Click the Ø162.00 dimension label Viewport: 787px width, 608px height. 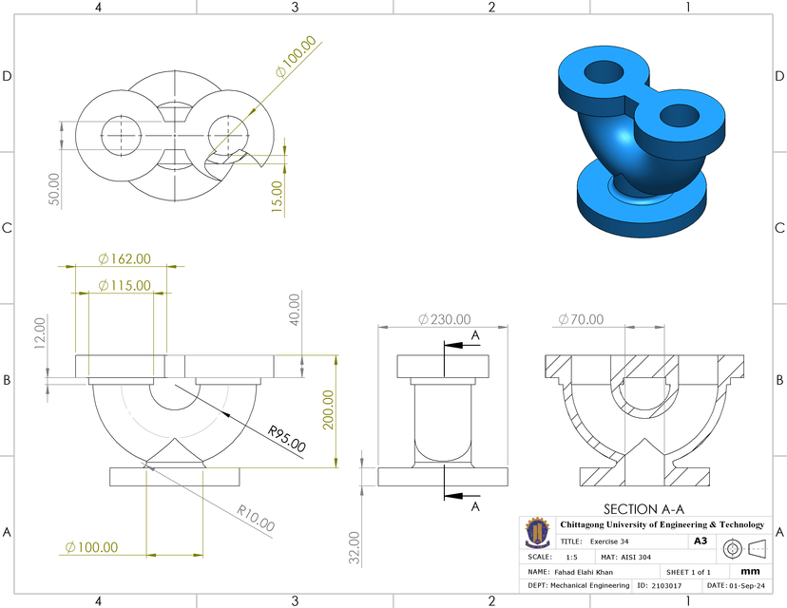tap(124, 258)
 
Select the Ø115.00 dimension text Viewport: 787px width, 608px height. tap(124, 285)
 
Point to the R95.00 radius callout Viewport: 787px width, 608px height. tap(286, 439)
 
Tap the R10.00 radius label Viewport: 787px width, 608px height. tap(256, 517)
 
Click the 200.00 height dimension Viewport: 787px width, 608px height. tap(329, 410)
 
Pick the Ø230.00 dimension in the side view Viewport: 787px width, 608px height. tap(443, 319)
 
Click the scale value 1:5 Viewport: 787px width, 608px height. tap(571, 557)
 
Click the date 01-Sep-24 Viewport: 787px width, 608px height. tap(746, 586)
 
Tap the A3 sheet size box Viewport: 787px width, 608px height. tap(701, 541)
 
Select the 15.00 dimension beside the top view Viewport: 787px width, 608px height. tap(277, 197)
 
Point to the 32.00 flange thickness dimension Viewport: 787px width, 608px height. tap(354, 546)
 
